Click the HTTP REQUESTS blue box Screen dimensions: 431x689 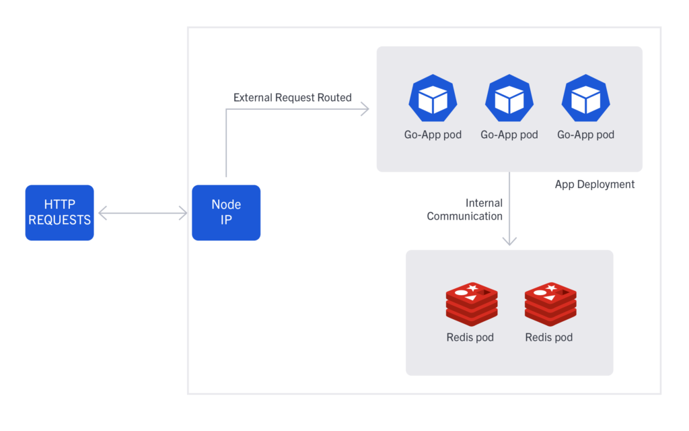coord(59,212)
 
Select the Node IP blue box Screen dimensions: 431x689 coord(225,212)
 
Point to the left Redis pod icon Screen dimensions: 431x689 coord(471,302)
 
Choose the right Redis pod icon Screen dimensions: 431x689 coord(550,302)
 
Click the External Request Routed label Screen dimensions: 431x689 coord(292,98)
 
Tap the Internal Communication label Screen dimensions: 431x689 coord(465,209)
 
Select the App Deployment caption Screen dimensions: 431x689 coord(594,185)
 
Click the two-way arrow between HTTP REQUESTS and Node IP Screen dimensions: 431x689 coord(142,213)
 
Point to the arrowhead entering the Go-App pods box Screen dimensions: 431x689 coord(365,108)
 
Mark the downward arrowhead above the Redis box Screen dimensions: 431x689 coord(509,240)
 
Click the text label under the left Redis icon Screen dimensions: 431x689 coord(470,337)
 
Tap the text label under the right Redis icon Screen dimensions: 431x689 coord(548,337)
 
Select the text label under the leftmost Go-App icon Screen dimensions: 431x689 coord(433,135)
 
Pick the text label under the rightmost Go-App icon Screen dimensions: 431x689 coord(585,135)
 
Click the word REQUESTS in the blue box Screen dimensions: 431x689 coord(59,220)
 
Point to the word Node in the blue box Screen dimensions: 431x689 coord(226,205)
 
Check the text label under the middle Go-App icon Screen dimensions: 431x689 coord(509,135)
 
